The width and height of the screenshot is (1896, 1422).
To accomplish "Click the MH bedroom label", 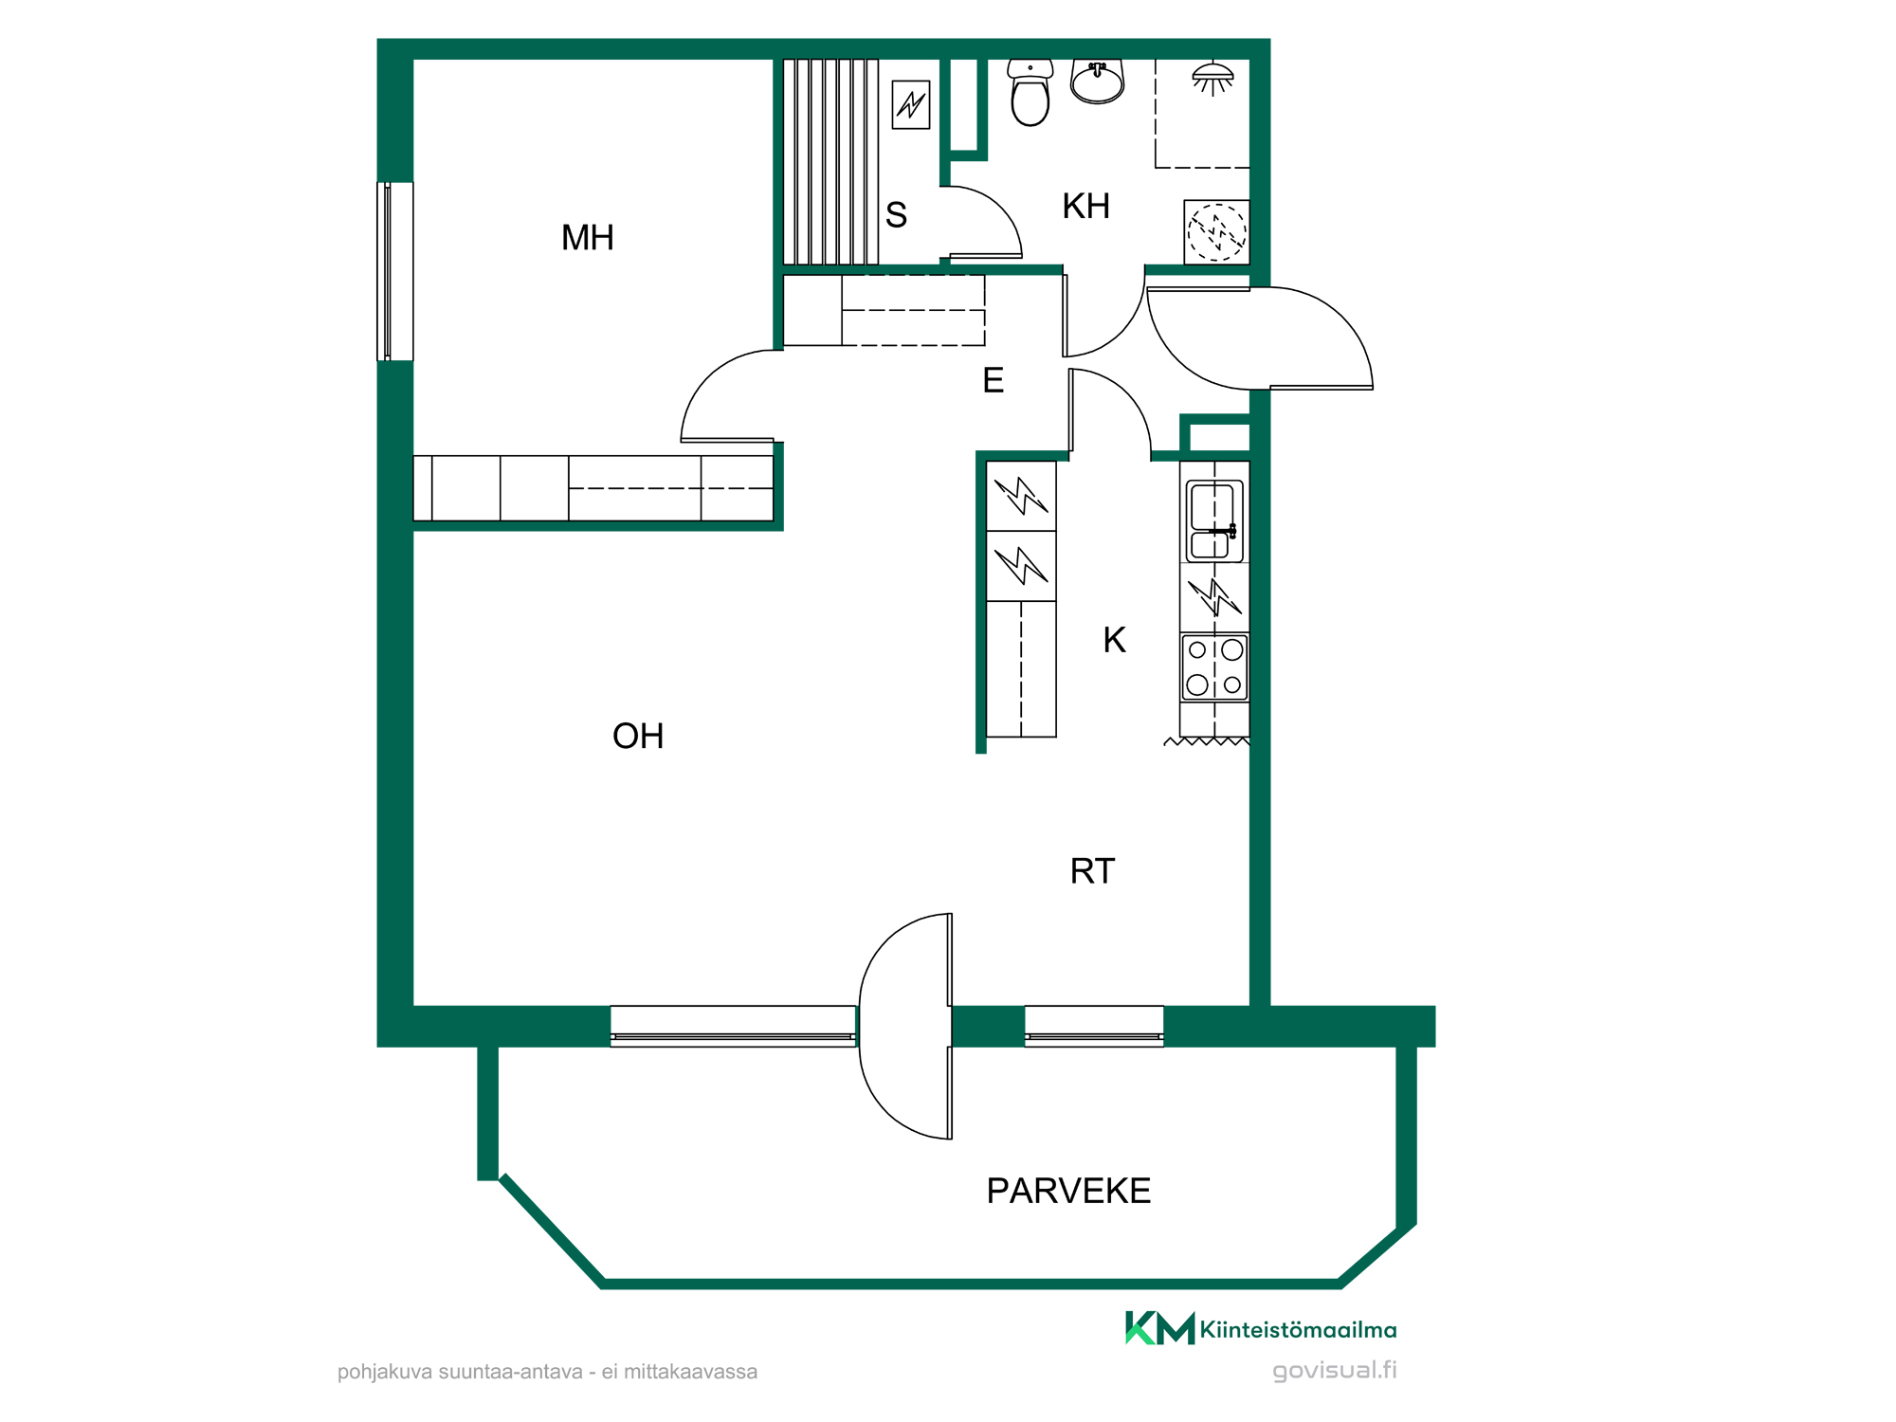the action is click(x=587, y=238).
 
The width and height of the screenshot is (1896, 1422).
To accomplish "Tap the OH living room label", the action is click(x=638, y=737).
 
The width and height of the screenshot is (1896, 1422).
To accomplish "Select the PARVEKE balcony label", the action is click(x=1068, y=1192).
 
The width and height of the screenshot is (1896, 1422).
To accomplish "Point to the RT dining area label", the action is click(x=1092, y=871).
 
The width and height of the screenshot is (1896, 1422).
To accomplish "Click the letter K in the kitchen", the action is click(x=1114, y=641).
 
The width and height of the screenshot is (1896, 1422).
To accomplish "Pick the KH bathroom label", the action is click(x=1085, y=207).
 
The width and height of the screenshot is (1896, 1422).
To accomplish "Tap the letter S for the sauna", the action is click(x=896, y=215).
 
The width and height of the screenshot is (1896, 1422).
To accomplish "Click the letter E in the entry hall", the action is click(x=993, y=381).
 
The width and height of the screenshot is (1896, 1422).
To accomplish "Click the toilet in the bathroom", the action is click(x=1030, y=92).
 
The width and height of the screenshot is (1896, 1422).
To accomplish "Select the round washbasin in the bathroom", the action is click(x=1097, y=81).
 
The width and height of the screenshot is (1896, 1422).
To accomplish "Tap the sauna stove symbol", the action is click(x=911, y=103).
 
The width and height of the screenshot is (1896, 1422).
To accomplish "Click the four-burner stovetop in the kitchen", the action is click(x=1214, y=667).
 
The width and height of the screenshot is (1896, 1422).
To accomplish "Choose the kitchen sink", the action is click(x=1214, y=521).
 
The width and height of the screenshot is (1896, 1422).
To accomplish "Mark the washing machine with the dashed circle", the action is click(x=1216, y=232).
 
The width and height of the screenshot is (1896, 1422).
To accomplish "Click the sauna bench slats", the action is click(x=830, y=161).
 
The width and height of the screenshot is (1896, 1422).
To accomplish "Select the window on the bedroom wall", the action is click(x=395, y=271).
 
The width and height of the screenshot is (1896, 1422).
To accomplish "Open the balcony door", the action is click(x=906, y=1026).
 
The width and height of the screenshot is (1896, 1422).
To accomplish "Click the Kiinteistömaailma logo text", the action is click(x=1298, y=1330).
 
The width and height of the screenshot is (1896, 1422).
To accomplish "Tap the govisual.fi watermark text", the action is click(x=1334, y=1371).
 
